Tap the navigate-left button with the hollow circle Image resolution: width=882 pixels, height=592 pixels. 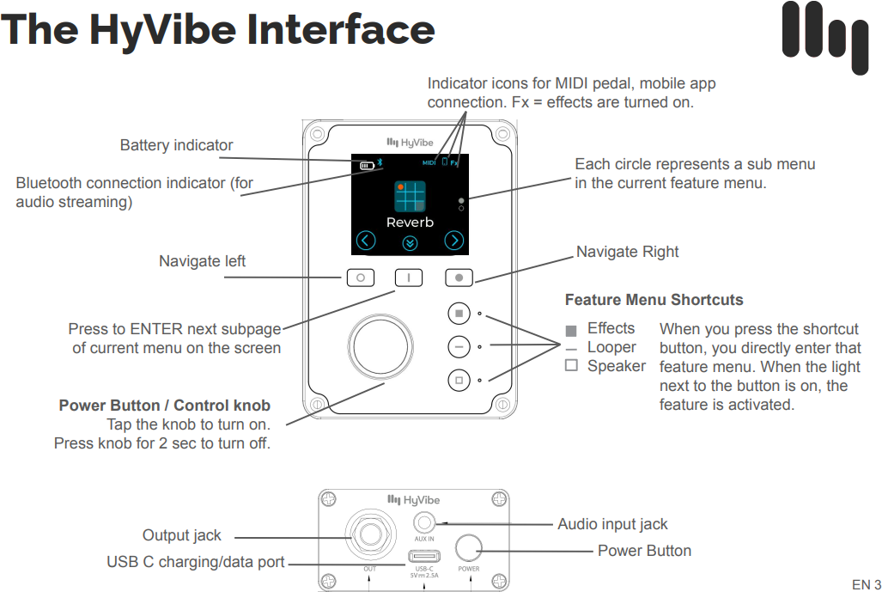click(x=362, y=278)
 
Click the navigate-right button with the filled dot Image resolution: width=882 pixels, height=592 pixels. click(x=459, y=278)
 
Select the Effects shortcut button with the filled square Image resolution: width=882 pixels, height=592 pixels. click(x=459, y=314)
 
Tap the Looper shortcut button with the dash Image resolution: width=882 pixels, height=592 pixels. click(x=459, y=346)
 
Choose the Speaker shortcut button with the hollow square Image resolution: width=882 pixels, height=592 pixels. click(x=459, y=379)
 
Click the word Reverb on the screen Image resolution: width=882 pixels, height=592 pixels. click(x=410, y=222)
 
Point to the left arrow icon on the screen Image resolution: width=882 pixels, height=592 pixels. click(x=366, y=241)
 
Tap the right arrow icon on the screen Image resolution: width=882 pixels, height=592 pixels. click(x=454, y=241)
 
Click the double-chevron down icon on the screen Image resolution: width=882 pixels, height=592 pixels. click(x=410, y=242)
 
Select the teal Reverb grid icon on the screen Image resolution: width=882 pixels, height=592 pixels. click(x=410, y=196)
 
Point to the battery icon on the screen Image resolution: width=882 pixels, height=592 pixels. click(x=367, y=163)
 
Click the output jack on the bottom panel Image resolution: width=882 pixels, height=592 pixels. click(x=370, y=535)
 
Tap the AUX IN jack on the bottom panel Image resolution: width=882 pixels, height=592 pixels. click(x=424, y=522)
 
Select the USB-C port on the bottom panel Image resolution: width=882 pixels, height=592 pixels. click(x=424, y=554)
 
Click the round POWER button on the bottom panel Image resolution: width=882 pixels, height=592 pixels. click(x=469, y=547)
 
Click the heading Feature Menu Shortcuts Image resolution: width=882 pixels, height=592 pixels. click(x=654, y=300)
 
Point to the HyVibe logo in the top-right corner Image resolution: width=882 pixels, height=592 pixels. click(x=824, y=37)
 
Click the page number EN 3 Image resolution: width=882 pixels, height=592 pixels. click(x=866, y=584)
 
